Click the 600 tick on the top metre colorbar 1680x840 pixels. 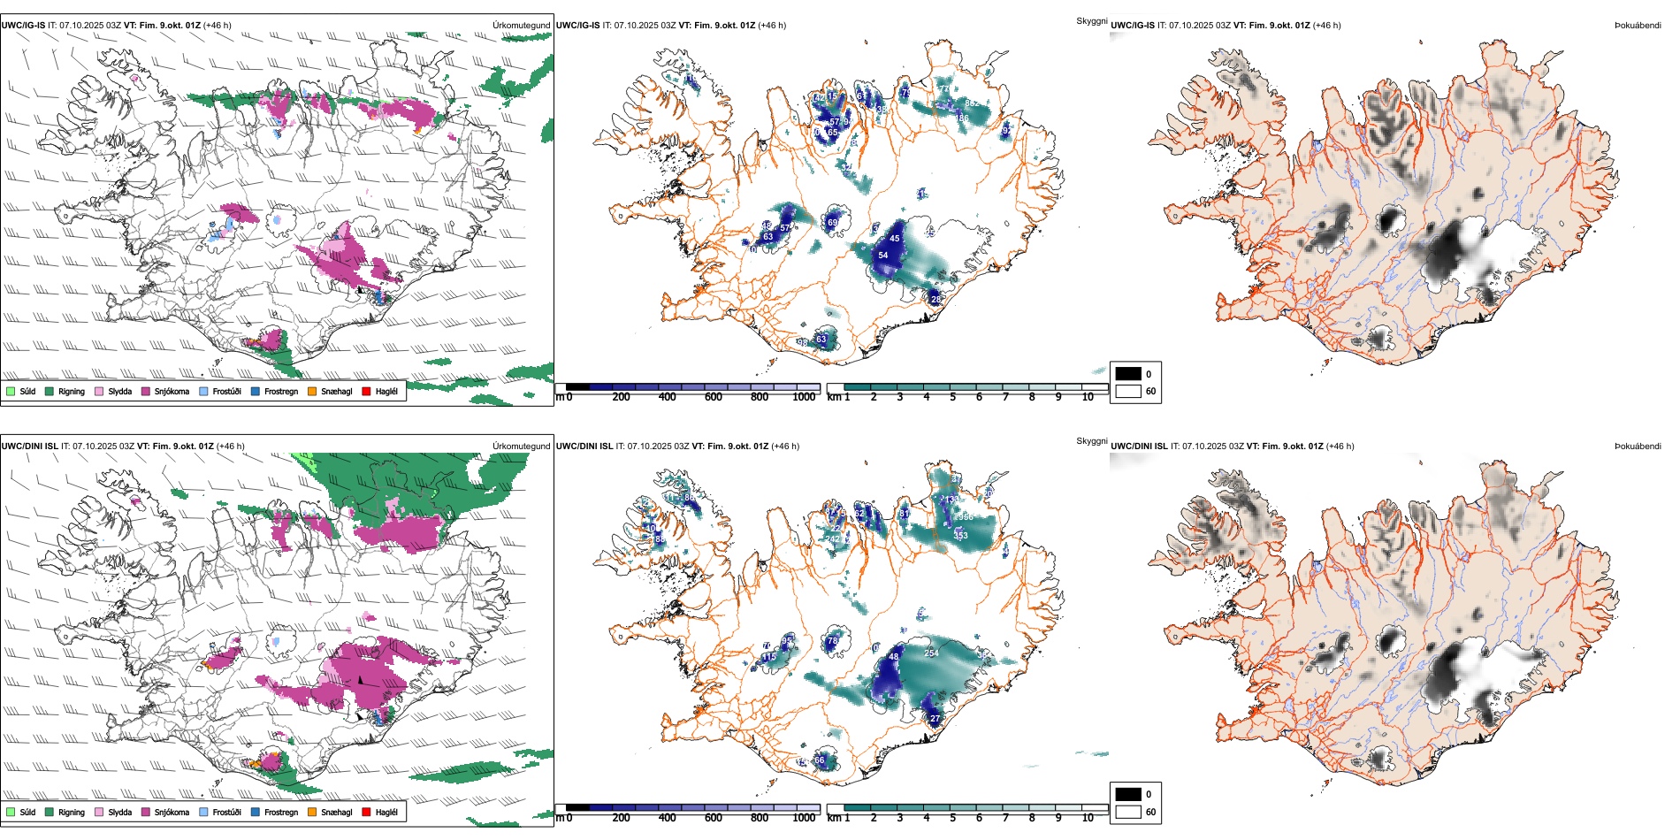click(x=714, y=397)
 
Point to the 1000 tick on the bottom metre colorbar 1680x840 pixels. click(x=804, y=818)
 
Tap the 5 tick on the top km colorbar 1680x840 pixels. click(x=953, y=397)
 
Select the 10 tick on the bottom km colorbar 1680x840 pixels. click(x=1088, y=818)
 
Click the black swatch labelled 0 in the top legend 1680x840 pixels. click(x=1128, y=374)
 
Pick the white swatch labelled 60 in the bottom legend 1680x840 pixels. click(x=1128, y=812)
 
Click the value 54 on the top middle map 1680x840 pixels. click(x=882, y=256)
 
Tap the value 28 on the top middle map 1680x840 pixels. click(x=935, y=300)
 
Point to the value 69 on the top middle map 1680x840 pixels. click(x=832, y=223)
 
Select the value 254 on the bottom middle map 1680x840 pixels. click(x=931, y=653)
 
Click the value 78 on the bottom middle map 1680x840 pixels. click(x=832, y=641)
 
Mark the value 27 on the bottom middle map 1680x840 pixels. click(x=935, y=719)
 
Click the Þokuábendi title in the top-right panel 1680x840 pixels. click(x=1638, y=26)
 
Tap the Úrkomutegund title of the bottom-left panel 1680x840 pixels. click(x=521, y=447)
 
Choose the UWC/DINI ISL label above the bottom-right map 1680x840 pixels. click(x=1139, y=447)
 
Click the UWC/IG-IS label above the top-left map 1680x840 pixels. click(x=23, y=26)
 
